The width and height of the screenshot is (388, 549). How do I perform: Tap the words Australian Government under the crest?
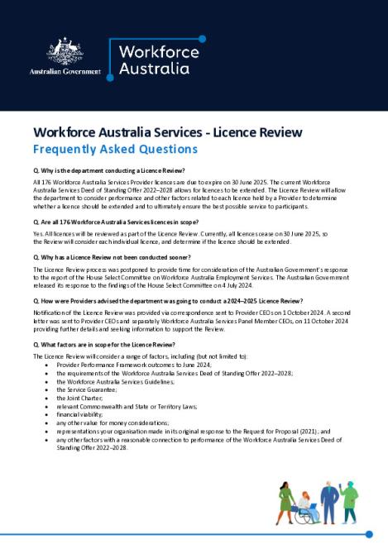tap(65, 72)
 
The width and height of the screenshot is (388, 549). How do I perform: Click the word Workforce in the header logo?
tap(156, 51)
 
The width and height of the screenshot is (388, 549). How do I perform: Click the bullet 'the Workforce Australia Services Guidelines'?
tap(116, 359)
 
